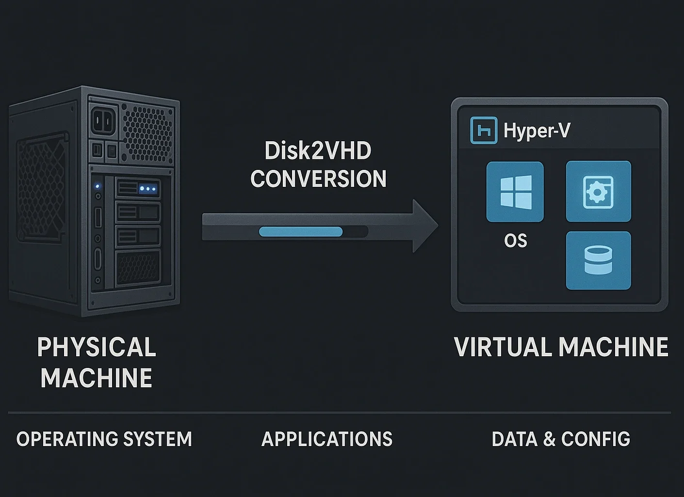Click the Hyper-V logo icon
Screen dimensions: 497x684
pos(484,131)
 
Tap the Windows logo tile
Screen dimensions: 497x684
pos(515,192)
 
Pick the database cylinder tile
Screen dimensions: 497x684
pos(598,261)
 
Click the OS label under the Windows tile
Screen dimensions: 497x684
pos(515,241)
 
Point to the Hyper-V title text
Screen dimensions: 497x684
pos(537,131)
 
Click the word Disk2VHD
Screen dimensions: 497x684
pos(318,151)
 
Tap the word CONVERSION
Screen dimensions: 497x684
pos(318,179)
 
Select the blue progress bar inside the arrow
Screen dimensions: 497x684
pos(301,232)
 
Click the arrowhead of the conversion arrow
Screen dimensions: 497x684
pos(424,226)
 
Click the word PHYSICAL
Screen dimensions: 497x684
pos(97,348)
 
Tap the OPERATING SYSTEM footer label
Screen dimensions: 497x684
pos(104,439)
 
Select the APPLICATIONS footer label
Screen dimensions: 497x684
pos(327,439)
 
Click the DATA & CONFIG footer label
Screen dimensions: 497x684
pos(561,439)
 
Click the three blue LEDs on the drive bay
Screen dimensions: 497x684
pos(147,188)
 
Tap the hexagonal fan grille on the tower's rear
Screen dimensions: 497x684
pos(147,131)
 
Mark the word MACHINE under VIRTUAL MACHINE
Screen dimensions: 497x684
pos(613,348)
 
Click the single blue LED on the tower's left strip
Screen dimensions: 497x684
pos(98,186)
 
